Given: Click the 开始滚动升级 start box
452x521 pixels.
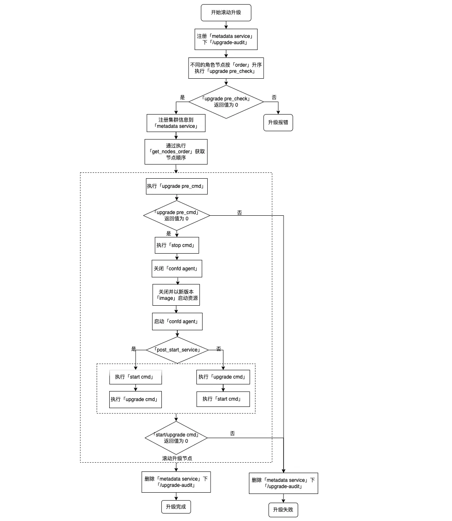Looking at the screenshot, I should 226,12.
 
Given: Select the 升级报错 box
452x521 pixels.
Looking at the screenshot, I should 278,122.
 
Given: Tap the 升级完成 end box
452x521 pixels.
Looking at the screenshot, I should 176,507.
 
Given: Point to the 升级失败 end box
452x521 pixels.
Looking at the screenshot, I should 283,510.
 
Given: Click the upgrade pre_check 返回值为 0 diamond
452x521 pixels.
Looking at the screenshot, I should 226,102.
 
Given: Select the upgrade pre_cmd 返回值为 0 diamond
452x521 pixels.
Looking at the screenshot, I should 176,215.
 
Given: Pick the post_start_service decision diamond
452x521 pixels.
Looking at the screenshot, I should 177,350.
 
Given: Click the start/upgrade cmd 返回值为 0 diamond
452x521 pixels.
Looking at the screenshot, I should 176,438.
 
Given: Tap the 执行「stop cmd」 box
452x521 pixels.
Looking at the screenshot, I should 176,245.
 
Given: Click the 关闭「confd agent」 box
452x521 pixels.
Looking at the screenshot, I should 177,269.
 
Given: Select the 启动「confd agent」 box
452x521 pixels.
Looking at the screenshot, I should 177,322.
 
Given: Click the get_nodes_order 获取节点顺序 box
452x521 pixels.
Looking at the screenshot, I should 176,152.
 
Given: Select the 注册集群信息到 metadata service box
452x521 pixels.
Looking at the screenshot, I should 176,123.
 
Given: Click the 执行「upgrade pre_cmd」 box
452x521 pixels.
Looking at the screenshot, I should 176,186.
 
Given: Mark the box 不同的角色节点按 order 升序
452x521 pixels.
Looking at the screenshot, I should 226,68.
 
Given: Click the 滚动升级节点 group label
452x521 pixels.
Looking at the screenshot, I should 177,459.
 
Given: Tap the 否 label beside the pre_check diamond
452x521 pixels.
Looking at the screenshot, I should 274,97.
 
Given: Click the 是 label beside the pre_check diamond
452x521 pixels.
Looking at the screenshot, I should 182,97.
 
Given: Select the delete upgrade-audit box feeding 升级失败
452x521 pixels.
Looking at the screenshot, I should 283,483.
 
